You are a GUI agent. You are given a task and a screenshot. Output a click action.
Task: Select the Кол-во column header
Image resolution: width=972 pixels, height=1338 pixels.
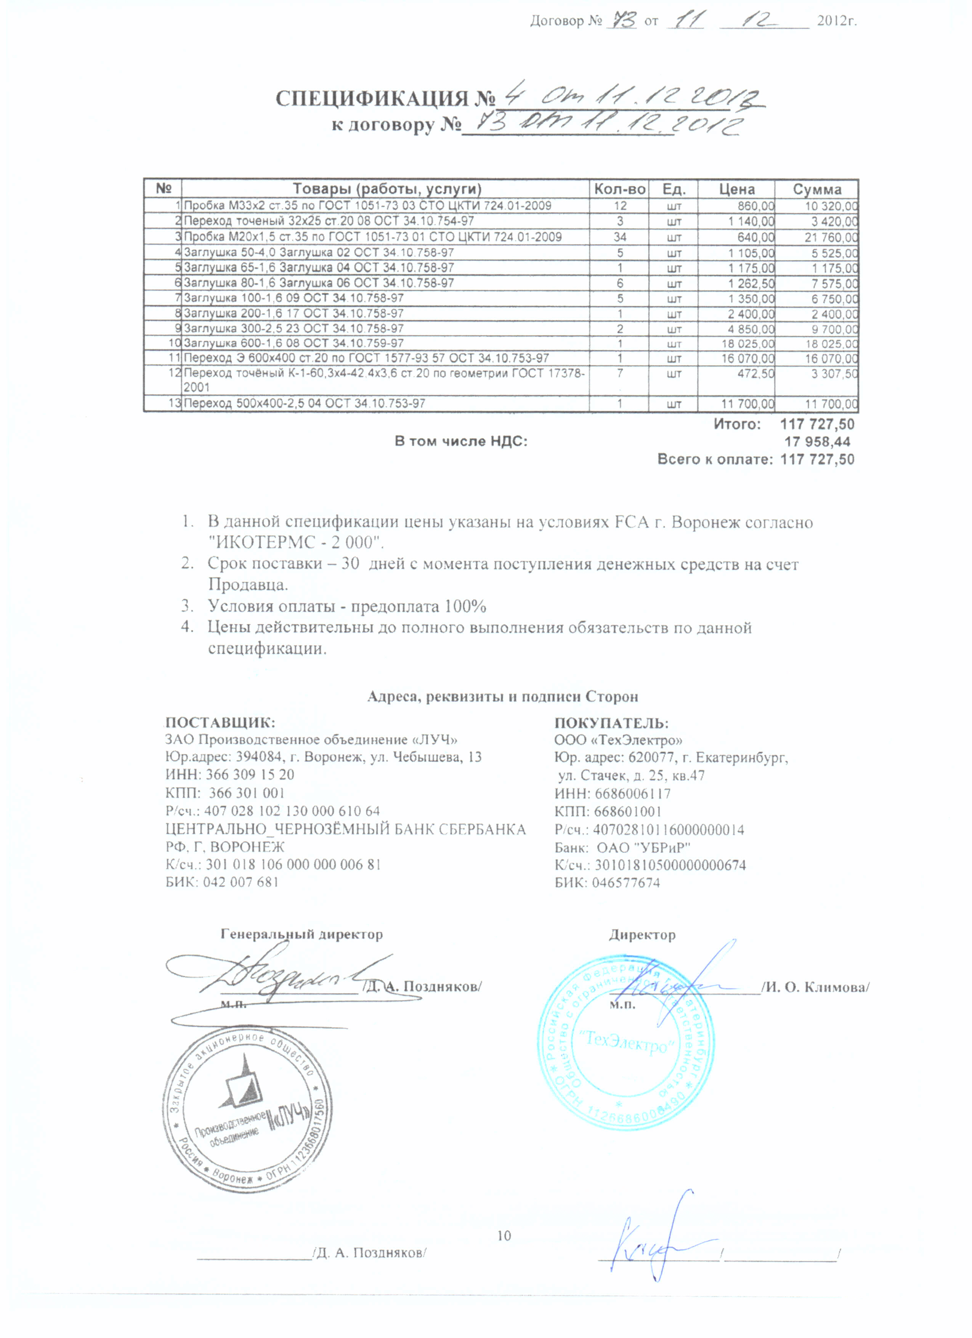click(619, 189)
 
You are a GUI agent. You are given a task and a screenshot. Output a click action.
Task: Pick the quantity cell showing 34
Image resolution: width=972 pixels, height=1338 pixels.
click(619, 237)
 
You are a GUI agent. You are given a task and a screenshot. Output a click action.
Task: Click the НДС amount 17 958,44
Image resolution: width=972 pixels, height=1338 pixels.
click(817, 441)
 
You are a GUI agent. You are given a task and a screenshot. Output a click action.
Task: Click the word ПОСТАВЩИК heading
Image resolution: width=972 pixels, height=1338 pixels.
click(220, 723)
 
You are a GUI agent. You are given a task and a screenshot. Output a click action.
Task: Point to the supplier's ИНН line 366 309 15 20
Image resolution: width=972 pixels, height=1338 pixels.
click(229, 775)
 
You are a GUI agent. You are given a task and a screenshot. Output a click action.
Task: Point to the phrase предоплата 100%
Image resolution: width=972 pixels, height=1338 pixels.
click(420, 606)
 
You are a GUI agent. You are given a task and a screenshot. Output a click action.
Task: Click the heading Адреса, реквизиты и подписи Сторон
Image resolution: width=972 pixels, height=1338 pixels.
click(502, 697)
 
